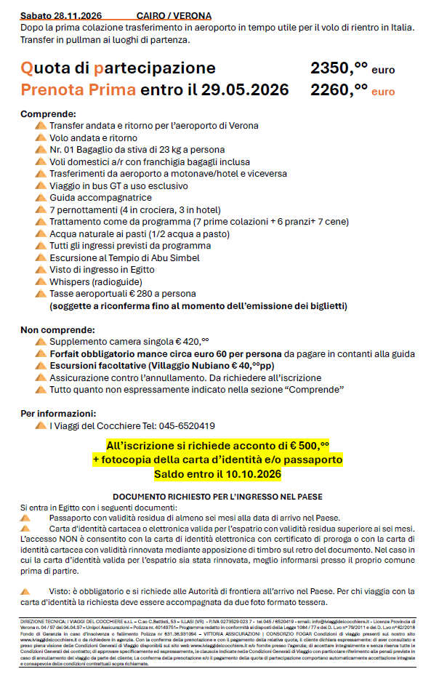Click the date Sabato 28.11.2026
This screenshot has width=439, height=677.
pos(61,15)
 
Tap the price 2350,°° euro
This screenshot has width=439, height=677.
pos(353,69)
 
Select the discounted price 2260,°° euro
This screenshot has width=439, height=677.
pos(353,90)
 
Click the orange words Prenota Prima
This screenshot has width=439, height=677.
pos(78,90)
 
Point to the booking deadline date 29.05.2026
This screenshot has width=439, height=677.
pos(245,90)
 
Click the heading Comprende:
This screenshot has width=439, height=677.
pos(48,114)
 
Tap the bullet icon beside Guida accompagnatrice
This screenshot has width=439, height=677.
pos(40,198)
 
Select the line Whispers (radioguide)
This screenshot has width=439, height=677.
pos(95,281)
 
